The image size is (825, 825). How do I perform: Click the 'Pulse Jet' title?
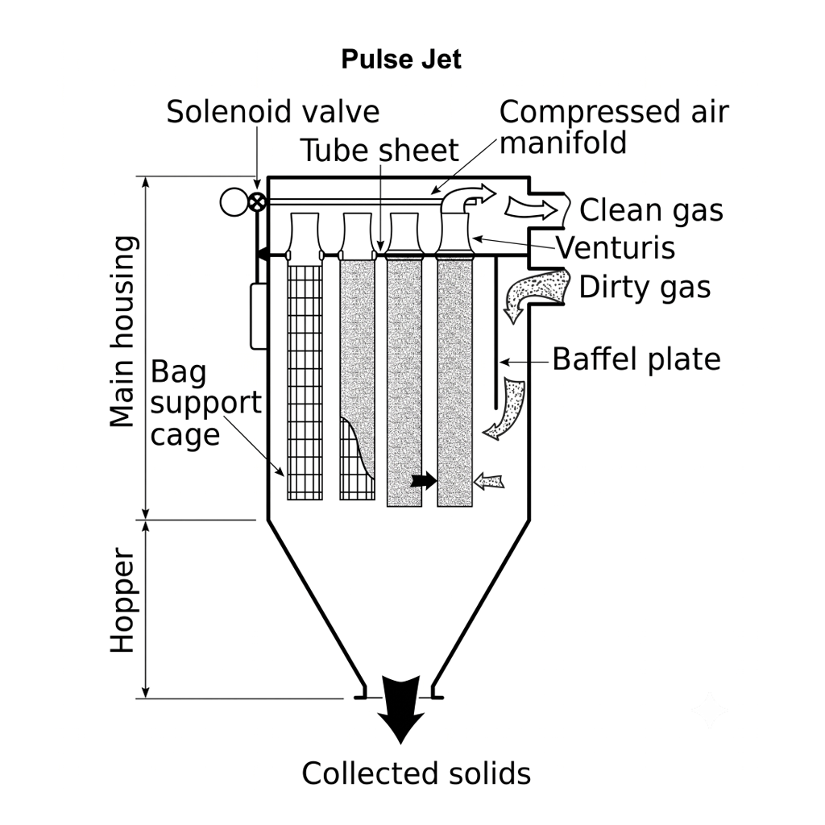coord(401,59)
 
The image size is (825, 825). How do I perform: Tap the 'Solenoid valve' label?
coord(272,111)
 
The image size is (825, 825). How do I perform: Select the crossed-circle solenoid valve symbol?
coord(257,201)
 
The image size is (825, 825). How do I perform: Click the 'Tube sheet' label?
coord(379,151)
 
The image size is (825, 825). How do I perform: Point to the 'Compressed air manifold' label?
coord(614,126)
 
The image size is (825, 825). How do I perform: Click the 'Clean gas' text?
coord(651,210)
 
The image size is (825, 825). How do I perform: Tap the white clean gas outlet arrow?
coord(531,209)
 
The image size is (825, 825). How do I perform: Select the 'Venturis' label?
coord(616,248)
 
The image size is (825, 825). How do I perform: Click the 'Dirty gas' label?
coord(645,288)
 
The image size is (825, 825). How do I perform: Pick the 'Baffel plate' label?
coord(636,359)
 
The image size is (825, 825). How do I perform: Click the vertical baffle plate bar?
coord(495,333)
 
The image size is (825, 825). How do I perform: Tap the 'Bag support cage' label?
coord(205,403)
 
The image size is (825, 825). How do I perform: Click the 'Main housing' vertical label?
coord(123,331)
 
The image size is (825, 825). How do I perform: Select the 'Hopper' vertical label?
coord(123,600)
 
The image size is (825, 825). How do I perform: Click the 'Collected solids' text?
coord(417,773)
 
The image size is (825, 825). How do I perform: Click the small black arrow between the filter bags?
coord(424,480)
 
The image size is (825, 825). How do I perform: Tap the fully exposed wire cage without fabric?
coord(305,382)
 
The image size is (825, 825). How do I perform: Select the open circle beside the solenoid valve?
coord(234,202)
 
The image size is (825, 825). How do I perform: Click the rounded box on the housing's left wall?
coord(259,316)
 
